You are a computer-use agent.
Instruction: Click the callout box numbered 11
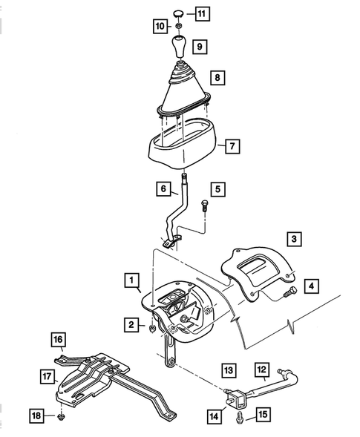203,13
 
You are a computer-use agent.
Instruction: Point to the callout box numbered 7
232,146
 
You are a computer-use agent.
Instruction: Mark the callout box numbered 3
295,238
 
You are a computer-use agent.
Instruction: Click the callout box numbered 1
131,280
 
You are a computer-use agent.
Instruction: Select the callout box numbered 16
58,340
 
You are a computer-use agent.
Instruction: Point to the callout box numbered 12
261,368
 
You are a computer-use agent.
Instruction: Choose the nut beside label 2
153,325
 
